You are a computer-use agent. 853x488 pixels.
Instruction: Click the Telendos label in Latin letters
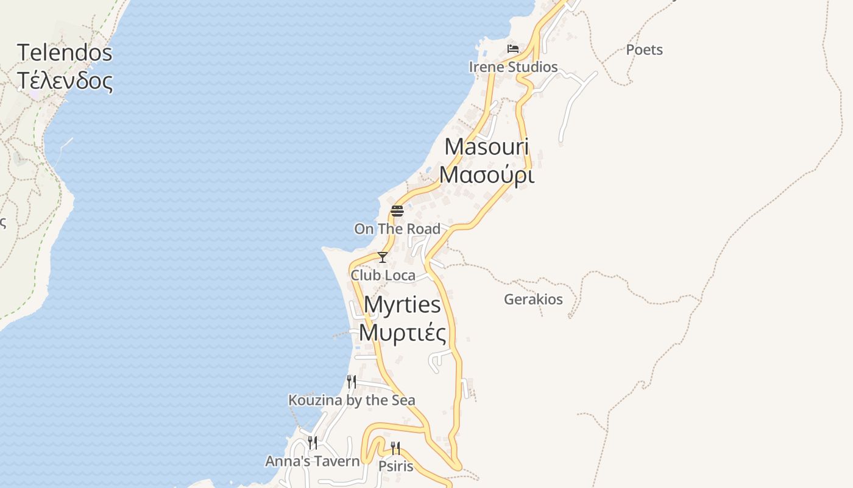(x=65, y=52)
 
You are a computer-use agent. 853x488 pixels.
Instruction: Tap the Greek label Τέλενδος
(x=65, y=81)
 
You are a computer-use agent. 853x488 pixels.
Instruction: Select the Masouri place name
(x=486, y=147)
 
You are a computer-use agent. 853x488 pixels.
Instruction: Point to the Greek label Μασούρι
(x=486, y=175)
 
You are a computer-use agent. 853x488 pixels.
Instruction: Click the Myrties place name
(x=402, y=304)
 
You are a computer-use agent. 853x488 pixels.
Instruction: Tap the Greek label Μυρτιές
(x=402, y=333)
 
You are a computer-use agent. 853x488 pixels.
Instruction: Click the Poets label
(x=644, y=50)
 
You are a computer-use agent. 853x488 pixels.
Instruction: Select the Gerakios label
(x=533, y=300)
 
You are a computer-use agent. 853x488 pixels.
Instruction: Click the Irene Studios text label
(x=513, y=67)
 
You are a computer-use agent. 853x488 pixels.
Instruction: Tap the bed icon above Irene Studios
(x=513, y=49)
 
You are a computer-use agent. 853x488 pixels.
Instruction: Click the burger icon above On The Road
(x=397, y=211)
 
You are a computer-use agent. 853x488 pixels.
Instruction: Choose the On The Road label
(x=397, y=229)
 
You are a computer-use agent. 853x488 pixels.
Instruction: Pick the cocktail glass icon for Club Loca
(x=383, y=257)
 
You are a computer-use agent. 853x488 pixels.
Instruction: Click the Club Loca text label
(x=383, y=276)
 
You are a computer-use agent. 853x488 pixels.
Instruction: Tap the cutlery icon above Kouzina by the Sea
(x=352, y=382)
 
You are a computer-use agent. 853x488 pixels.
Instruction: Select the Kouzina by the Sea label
(x=352, y=400)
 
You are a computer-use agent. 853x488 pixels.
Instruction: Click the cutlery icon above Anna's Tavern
(x=313, y=443)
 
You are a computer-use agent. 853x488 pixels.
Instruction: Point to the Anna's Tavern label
(x=313, y=461)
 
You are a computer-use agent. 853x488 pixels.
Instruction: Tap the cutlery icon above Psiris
(x=395, y=448)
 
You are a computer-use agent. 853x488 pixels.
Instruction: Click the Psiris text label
(x=395, y=467)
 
